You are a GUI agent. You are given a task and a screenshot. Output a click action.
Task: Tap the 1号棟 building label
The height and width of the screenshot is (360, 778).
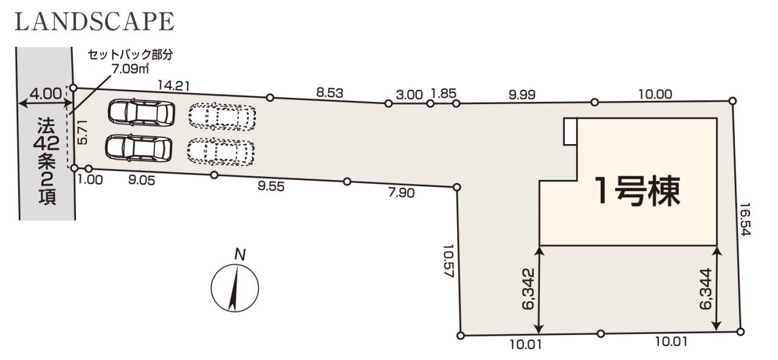coord(638,191)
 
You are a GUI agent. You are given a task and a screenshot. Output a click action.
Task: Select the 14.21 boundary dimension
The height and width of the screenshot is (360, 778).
coord(174,86)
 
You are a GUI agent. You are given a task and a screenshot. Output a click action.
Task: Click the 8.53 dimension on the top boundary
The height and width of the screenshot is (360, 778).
coord(329,93)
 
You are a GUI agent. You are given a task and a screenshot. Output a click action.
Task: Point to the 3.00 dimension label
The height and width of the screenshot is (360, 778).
coord(409,94)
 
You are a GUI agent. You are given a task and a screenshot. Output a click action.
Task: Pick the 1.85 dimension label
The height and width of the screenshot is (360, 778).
coord(443,94)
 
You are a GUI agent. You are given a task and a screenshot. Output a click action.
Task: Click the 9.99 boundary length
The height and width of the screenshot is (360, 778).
coord(522,94)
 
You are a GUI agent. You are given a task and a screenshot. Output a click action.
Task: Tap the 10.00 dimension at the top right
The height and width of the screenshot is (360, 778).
coord(655,94)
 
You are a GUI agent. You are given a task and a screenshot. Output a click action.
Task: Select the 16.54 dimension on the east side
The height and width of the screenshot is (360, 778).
coord(746,220)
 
